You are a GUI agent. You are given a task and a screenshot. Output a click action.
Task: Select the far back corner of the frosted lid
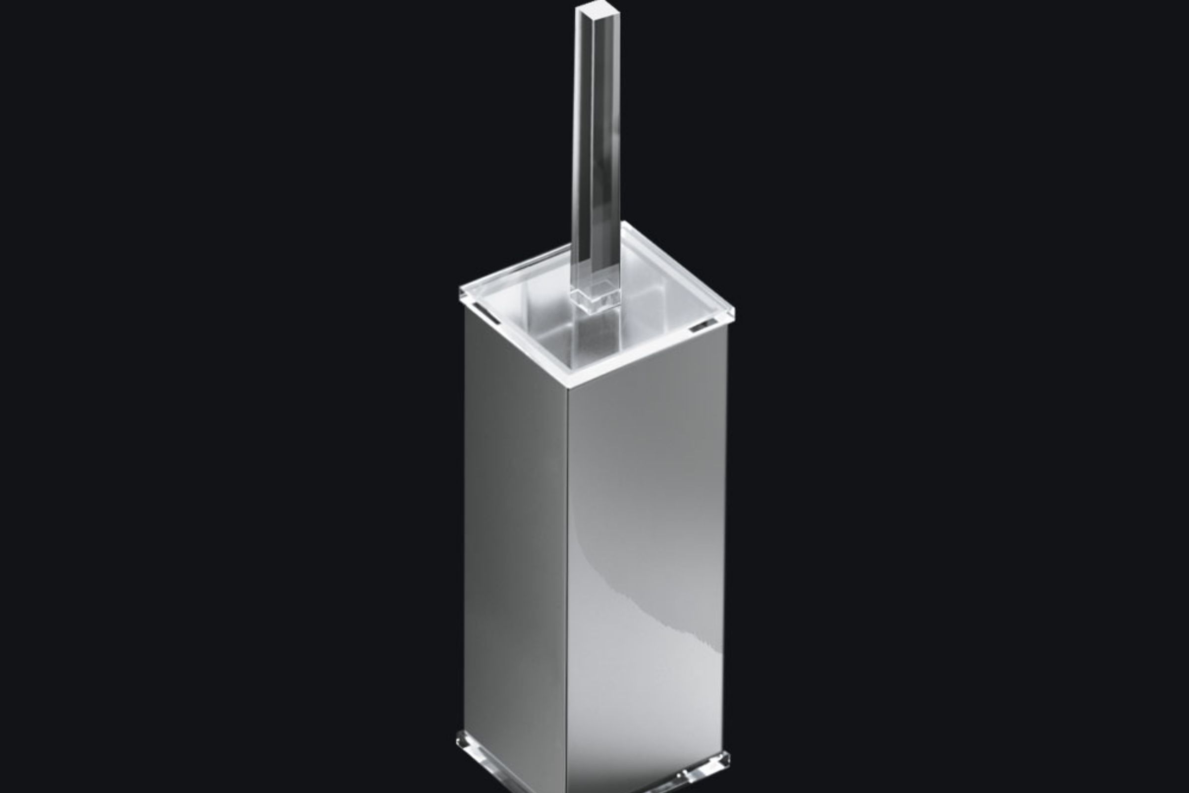tap(625, 224)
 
